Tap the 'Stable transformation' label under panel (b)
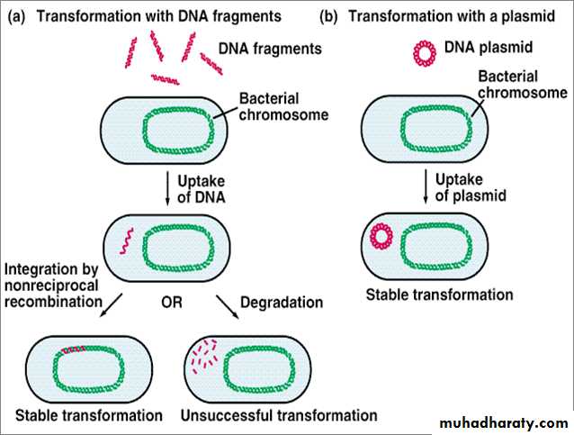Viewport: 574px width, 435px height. [x=440, y=295]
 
